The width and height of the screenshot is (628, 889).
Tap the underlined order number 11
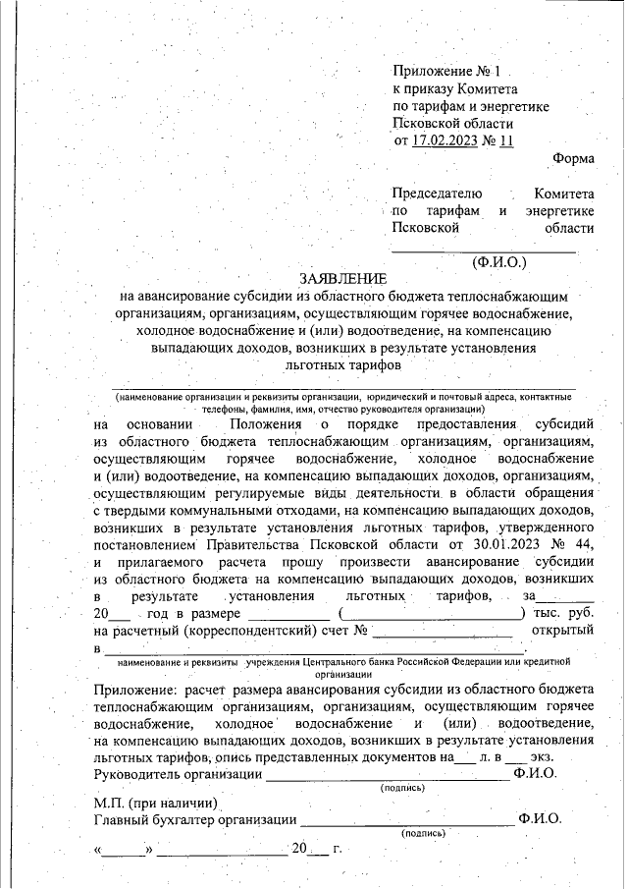505,140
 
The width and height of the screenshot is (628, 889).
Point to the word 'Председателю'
437,194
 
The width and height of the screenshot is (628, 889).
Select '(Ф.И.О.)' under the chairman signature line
498,262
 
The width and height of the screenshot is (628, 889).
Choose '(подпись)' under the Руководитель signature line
402,788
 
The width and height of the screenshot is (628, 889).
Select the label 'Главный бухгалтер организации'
194,819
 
